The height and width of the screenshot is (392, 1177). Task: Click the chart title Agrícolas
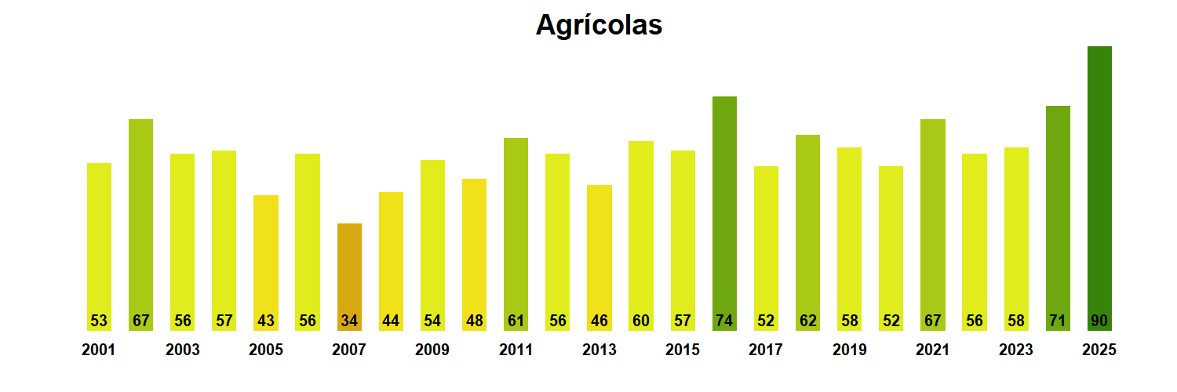point(599,25)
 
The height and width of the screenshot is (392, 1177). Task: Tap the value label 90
point(1099,321)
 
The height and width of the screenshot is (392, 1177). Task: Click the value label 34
point(349,321)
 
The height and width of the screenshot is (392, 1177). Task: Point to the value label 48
point(474,321)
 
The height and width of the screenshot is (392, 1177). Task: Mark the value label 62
point(807,321)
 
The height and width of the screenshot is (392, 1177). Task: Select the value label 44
point(391,321)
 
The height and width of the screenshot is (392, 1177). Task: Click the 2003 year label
point(182,350)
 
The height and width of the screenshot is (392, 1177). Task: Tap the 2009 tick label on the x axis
point(432,350)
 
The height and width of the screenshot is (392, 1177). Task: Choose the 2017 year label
point(766,350)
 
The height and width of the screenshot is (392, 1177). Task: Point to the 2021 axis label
point(932,350)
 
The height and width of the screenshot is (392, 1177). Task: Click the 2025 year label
point(1099,350)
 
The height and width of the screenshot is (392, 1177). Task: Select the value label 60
point(641,321)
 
